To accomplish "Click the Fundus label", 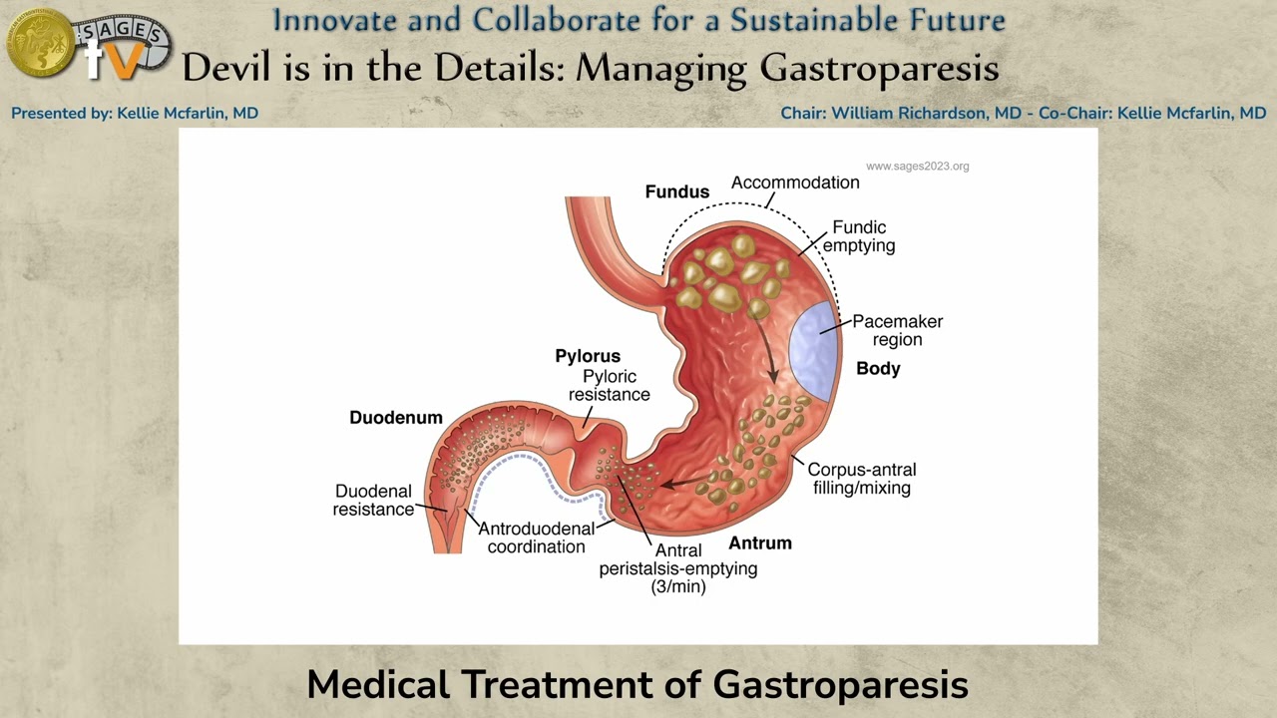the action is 676,191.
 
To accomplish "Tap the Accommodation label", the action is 795,182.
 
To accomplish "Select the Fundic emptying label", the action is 859,236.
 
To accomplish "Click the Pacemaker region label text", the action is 897,330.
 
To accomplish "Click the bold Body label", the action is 878,369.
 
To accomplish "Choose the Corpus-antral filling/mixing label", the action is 861,479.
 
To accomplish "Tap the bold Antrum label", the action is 760,543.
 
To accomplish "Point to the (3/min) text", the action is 678,587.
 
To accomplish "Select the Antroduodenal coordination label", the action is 536,538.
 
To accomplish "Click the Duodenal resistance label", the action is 373,500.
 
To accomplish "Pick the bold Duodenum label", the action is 396,418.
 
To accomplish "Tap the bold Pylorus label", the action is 588,356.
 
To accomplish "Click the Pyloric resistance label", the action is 609,386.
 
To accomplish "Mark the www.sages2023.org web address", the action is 917,167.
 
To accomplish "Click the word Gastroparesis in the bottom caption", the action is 840,685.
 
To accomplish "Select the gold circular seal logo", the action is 40,43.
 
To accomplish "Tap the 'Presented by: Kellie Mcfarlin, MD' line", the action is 135,114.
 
